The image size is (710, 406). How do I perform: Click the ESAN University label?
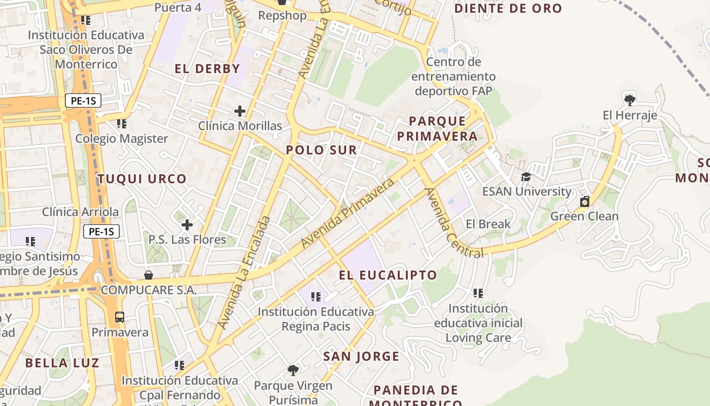pos(526,191)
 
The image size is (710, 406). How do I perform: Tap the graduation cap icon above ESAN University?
pos(526,177)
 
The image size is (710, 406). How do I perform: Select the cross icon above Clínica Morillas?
pos(240,111)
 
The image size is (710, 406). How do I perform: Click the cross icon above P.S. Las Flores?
pos(187,224)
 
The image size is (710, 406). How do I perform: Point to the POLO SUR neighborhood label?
pos(322,150)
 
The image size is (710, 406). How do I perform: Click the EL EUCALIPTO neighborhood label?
pos(388,276)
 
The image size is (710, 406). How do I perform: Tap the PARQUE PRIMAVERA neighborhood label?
pos(437,128)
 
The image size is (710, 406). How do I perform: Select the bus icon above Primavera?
pos(120,317)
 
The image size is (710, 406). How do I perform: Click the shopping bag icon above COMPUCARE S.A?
pos(149,275)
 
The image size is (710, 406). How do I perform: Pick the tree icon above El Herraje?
pos(630,100)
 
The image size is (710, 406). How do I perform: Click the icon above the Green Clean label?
pos(585,201)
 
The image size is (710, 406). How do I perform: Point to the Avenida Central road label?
pos(453,223)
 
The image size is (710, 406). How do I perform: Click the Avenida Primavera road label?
pos(347,213)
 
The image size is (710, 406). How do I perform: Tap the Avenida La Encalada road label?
pos(245,272)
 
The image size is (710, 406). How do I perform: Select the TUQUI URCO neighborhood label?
pos(142,179)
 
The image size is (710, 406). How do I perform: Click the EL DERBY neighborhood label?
pos(207,69)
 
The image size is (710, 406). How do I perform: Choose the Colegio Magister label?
pos(122,139)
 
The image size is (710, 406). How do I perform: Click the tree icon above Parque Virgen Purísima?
pos(293,370)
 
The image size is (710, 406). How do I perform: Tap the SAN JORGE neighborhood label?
pos(362,357)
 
